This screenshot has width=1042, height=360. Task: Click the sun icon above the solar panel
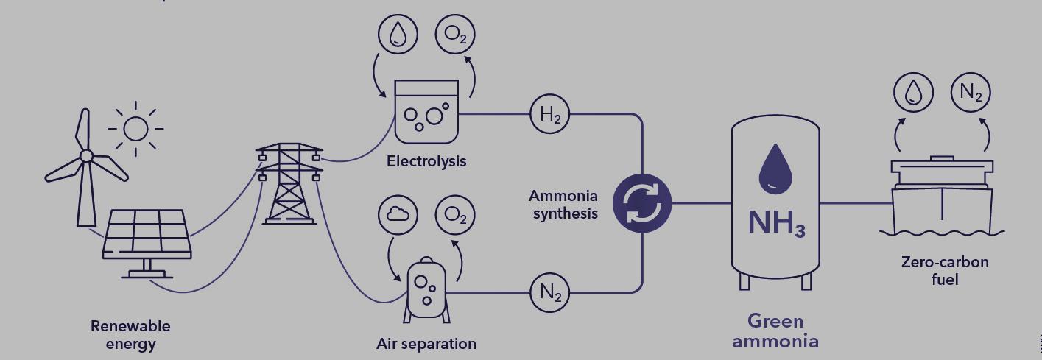click(135, 129)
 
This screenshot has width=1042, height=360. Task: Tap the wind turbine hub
click(86, 155)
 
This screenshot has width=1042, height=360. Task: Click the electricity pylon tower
click(289, 184)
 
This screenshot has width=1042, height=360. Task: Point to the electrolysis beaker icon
click(426, 111)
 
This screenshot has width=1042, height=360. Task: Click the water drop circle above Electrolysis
click(398, 35)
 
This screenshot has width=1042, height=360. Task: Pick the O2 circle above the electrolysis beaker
click(455, 35)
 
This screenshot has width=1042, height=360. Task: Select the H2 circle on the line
click(550, 114)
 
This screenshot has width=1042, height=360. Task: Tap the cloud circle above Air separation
click(398, 215)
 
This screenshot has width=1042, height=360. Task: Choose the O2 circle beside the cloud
click(455, 215)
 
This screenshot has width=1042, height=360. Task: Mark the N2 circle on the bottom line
click(550, 292)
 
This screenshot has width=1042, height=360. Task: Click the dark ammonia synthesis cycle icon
click(642, 203)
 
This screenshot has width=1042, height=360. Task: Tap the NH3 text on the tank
click(775, 222)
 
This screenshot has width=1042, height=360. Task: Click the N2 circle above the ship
click(971, 93)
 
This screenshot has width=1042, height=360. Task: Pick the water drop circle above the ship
click(913, 93)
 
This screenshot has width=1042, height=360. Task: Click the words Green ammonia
click(775, 331)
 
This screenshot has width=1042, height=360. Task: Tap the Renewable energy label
click(130, 334)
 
